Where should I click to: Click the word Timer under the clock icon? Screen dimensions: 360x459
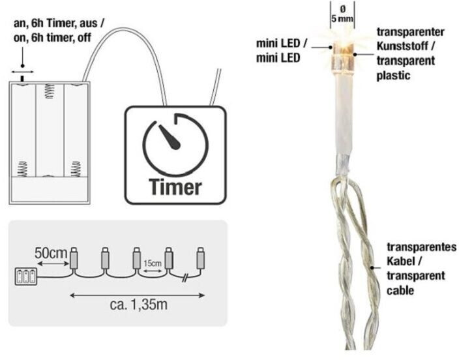coord(175,187)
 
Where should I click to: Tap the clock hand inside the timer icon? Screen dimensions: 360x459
coord(171,137)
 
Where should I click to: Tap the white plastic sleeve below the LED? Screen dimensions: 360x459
coord(341,117)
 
